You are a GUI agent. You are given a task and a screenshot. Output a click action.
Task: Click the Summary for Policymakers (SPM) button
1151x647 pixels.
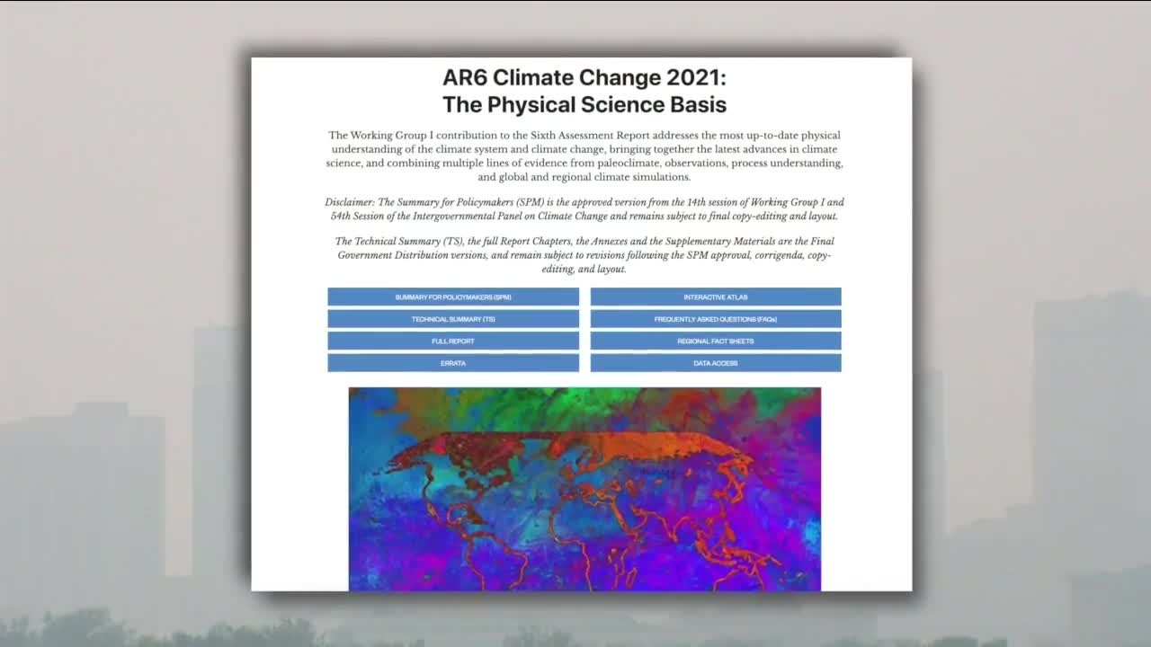point(453,297)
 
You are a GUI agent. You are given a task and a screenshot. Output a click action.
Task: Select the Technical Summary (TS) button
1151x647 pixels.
point(453,319)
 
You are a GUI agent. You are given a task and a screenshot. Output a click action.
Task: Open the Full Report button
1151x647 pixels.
point(453,341)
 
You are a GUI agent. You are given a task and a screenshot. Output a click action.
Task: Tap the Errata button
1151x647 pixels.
point(453,363)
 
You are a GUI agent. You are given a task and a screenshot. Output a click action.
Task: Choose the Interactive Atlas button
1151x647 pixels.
point(716,297)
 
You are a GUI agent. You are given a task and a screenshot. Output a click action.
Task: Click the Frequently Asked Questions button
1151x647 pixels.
point(716,319)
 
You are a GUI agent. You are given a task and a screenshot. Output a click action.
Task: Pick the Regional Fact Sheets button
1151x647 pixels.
point(716,341)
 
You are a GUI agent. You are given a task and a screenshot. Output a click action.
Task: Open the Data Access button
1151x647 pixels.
point(716,363)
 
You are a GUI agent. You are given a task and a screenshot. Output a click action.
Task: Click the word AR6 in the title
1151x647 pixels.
point(465,77)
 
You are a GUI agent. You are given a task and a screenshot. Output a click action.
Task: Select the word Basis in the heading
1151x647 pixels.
point(699,105)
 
